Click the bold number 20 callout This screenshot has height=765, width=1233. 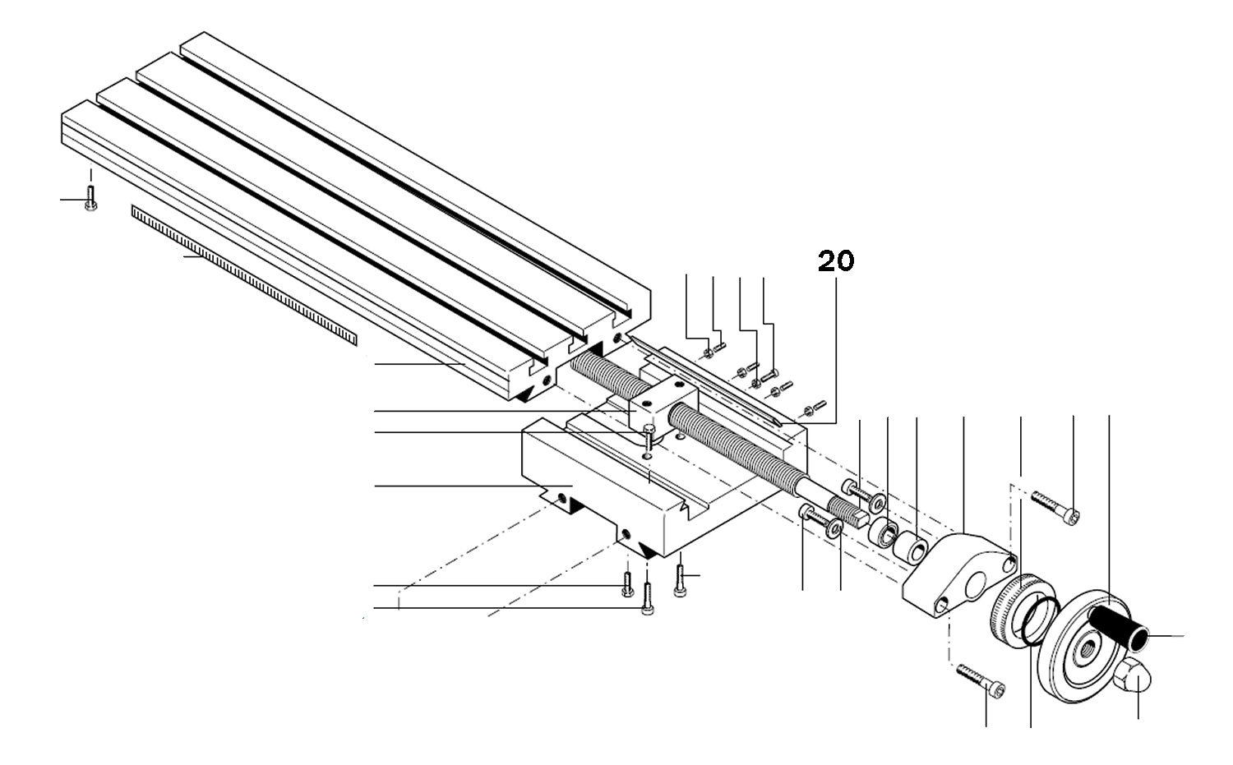[x=836, y=261]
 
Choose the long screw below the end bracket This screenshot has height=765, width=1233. [x=981, y=681]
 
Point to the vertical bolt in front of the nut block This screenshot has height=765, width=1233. [x=649, y=435]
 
